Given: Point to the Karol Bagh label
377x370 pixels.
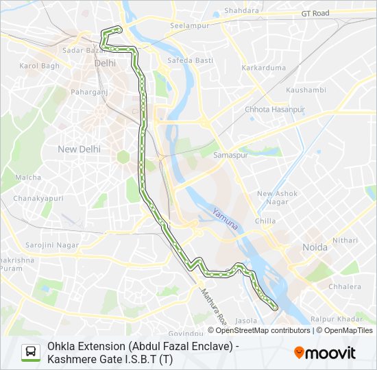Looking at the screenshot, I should [x=40, y=66].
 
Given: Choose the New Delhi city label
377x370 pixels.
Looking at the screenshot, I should [x=79, y=149].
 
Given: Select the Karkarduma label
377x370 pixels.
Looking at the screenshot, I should [x=263, y=68].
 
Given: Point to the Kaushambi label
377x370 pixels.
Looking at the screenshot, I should [x=306, y=90].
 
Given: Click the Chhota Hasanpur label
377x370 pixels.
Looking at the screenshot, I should [x=275, y=109].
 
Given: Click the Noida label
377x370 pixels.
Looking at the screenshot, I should [x=315, y=247].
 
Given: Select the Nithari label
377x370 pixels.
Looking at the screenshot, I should [x=345, y=240].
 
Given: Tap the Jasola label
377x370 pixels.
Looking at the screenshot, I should [x=247, y=320].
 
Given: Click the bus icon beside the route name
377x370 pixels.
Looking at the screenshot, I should [x=31, y=352].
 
